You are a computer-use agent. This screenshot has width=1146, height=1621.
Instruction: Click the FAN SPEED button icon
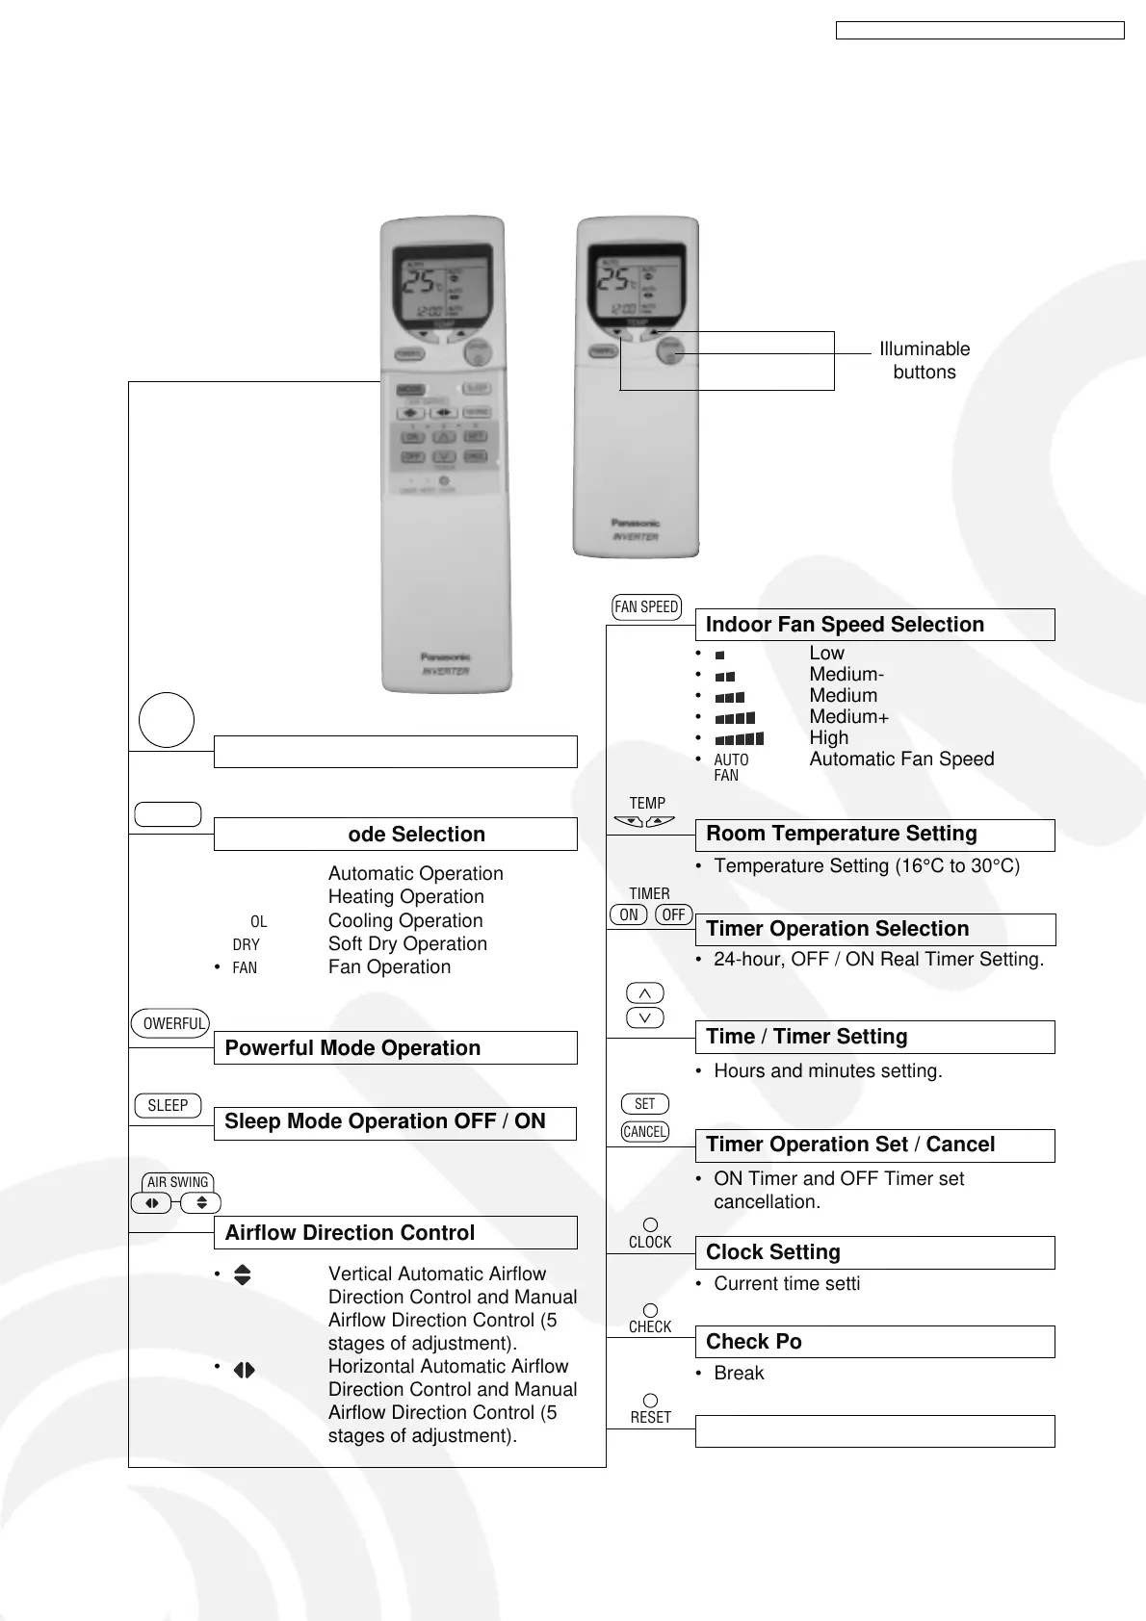click(x=646, y=606)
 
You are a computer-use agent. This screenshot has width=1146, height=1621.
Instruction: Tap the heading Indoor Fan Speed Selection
click(x=845, y=625)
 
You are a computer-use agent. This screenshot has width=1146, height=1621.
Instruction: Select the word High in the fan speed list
click(x=828, y=738)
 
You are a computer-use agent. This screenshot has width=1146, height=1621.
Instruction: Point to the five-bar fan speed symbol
click(x=739, y=739)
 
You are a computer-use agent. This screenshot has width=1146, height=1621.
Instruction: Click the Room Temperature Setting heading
click(x=841, y=835)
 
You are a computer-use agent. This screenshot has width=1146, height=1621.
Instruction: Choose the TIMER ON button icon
click(x=628, y=914)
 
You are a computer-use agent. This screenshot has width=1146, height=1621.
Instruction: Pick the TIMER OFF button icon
click(x=673, y=914)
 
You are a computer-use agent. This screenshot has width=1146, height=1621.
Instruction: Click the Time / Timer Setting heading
click(x=806, y=1037)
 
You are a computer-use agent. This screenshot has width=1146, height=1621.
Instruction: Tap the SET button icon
click(x=644, y=1104)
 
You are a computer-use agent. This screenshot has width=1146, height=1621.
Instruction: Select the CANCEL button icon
click(x=644, y=1132)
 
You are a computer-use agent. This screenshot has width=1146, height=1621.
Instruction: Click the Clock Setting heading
click(x=772, y=1252)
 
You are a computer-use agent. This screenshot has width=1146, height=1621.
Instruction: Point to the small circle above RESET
click(x=650, y=1401)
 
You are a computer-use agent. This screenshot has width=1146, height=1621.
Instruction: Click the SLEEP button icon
click(x=168, y=1106)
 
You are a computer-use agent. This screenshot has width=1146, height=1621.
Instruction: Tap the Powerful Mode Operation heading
click(x=352, y=1048)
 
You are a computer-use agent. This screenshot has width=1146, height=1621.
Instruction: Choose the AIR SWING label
click(x=177, y=1182)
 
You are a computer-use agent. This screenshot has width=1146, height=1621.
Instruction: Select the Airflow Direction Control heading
click(x=350, y=1233)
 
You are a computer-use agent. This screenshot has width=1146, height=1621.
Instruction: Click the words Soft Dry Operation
click(x=407, y=944)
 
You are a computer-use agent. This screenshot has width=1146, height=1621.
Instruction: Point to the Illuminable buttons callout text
click(x=924, y=361)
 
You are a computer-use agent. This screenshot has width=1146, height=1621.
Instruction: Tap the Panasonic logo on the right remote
click(x=635, y=523)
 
